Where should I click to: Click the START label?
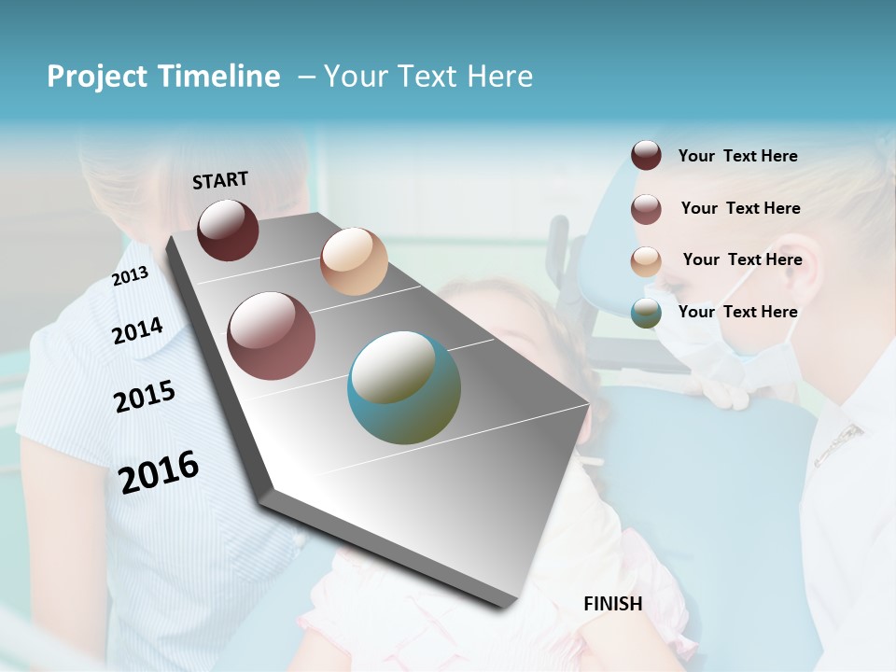(x=220, y=180)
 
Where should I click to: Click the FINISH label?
(x=612, y=604)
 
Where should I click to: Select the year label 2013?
(x=131, y=276)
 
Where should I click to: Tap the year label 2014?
(x=138, y=330)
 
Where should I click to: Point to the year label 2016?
(x=159, y=471)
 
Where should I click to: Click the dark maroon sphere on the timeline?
(x=228, y=230)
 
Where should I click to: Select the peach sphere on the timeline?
(x=354, y=261)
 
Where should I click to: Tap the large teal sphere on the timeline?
(x=404, y=387)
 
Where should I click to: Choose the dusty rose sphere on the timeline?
(x=272, y=336)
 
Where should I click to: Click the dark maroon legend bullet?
(x=646, y=156)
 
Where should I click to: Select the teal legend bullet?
(x=646, y=313)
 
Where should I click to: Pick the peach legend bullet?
(x=646, y=260)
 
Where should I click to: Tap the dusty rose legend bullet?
(x=646, y=208)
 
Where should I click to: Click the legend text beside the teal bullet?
(x=737, y=312)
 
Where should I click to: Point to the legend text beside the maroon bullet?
(x=737, y=156)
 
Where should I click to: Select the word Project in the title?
(x=96, y=77)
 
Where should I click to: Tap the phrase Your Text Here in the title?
(x=428, y=77)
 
